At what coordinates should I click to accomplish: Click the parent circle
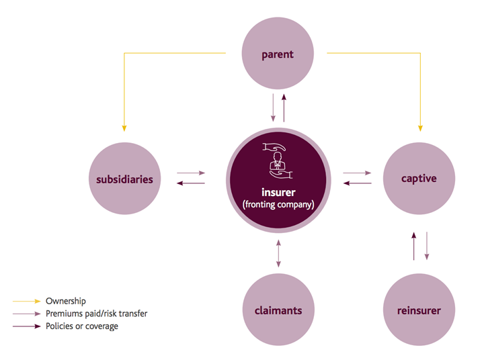pyautogui.click(x=278, y=54)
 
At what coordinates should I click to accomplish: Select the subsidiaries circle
pyautogui.click(x=124, y=179)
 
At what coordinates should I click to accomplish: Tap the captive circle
pyautogui.click(x=419, y=179)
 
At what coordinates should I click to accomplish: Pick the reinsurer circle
pyautogui.click(x=419, y=310)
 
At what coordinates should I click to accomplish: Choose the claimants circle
pyautogui.click(x=278, y=310)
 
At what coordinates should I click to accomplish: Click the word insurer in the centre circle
pyautogui.click(x=278, y=192)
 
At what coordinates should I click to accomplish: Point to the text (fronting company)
pyautogui.click(x=278, y=204)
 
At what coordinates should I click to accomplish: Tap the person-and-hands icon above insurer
pyautogui.click(x=278, y=161)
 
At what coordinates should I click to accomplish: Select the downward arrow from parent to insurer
pyautogui.click(x=273, y=107)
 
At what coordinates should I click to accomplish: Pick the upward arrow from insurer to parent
pyautogui.click(x=284, y=107)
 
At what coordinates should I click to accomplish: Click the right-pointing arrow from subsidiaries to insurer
pyautogui.click(x=191, y=173)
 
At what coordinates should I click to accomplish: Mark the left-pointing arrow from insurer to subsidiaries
pyautogui.click(x=191, y=183)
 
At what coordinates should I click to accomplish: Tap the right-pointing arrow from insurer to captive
pyautogui.click(x=357, y=173)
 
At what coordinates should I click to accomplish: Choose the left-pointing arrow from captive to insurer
pyautogui.click(x=357, y=183)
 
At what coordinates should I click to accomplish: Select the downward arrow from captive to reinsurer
pyautogui.click(x=426, y=246)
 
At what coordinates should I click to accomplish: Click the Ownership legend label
pyautogui.click(x=66, y=302)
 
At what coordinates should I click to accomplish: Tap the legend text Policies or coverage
pyautogui.click(x=82, y=326)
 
